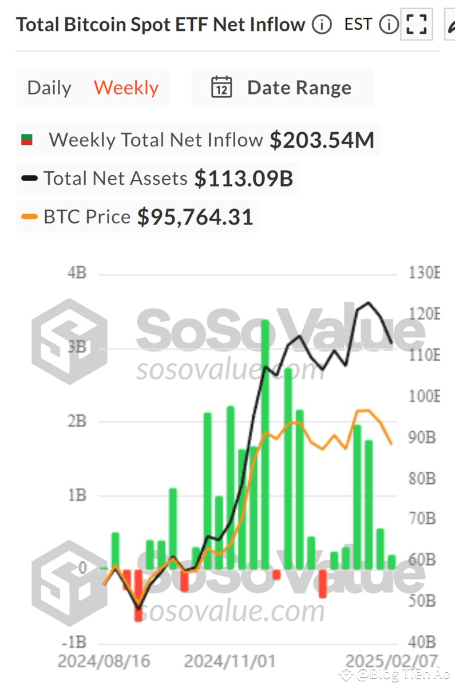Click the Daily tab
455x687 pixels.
(x=49, y=88)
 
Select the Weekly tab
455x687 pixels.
(x=126, y=88)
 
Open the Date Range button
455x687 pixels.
(x=299, y=88)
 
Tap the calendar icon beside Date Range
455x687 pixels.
(x=221, y=88)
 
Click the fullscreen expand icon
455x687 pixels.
(x=416, y=25)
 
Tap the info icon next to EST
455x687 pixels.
(x=389, y=25)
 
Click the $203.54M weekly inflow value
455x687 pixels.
(x=322, y=140)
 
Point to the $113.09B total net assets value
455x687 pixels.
(x=243, y=179)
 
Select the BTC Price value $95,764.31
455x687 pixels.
(x=195, y=217)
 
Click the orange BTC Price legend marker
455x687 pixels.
(x=29, y=217)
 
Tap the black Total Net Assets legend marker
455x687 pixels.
(x=29, y=179)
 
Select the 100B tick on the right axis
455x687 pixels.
(x=424, y=396)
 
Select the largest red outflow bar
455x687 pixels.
(x=139, y=595)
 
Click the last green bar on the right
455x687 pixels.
(x=391, y=562)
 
